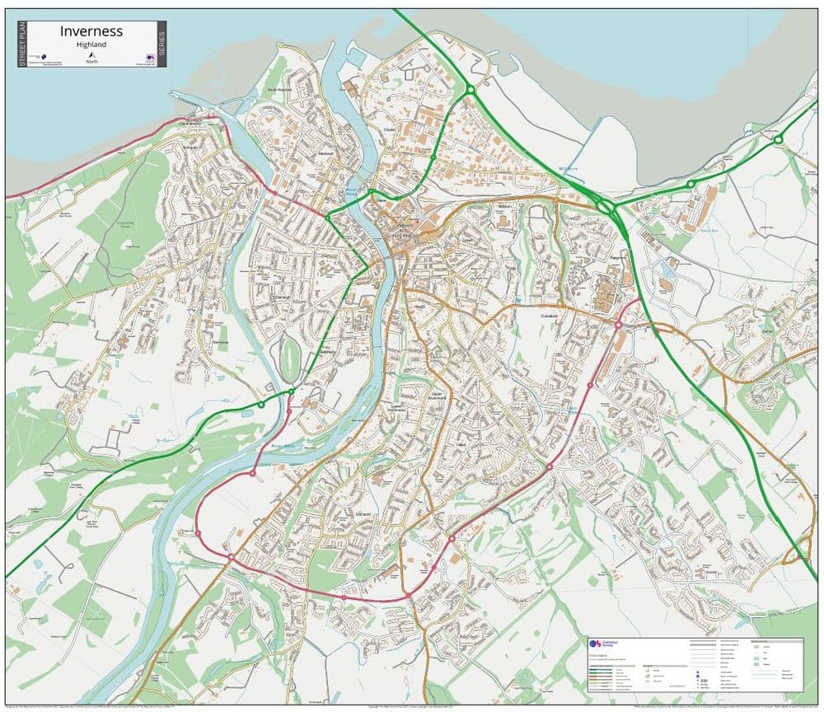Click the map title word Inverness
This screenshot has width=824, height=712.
[x=91, y=31]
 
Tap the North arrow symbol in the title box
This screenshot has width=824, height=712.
[x=91, y=54]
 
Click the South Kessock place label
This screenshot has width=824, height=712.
[x=279, y=89]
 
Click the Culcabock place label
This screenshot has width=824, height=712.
[x=550, y=316]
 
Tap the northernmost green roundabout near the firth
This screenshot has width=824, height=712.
[x=470, y=89]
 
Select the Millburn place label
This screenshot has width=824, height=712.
[x=505, y=206]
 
